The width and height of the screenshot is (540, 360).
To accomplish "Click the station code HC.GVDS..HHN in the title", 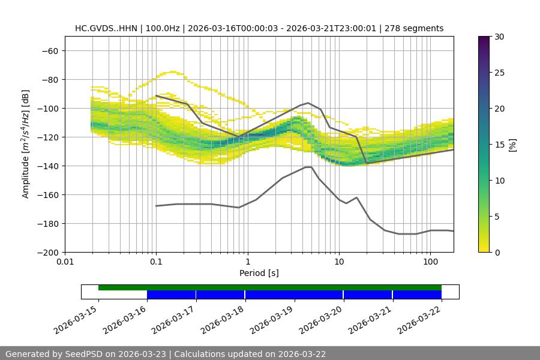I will tap(106, 28).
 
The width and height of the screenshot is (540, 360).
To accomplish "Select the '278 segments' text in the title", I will tap(415, 28).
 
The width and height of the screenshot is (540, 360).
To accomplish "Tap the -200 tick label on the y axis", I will tap(47, 252).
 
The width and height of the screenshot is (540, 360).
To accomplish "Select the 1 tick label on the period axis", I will tap(247, 262).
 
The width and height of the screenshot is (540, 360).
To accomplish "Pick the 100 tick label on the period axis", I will tap(430, 262).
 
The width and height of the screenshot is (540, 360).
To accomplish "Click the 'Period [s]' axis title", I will tap(259, 274).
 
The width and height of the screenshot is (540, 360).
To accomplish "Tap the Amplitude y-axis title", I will tap(26, 144).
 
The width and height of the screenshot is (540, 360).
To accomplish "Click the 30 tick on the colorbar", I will tap(499, 37).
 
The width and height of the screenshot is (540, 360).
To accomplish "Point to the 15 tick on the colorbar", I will tap(499, 145).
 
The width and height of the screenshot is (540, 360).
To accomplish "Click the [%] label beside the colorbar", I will tap(512, 145).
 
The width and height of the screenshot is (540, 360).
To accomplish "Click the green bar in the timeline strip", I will tap(270, 287).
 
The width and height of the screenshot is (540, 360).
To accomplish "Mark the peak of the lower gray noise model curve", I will tap(308, 167).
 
